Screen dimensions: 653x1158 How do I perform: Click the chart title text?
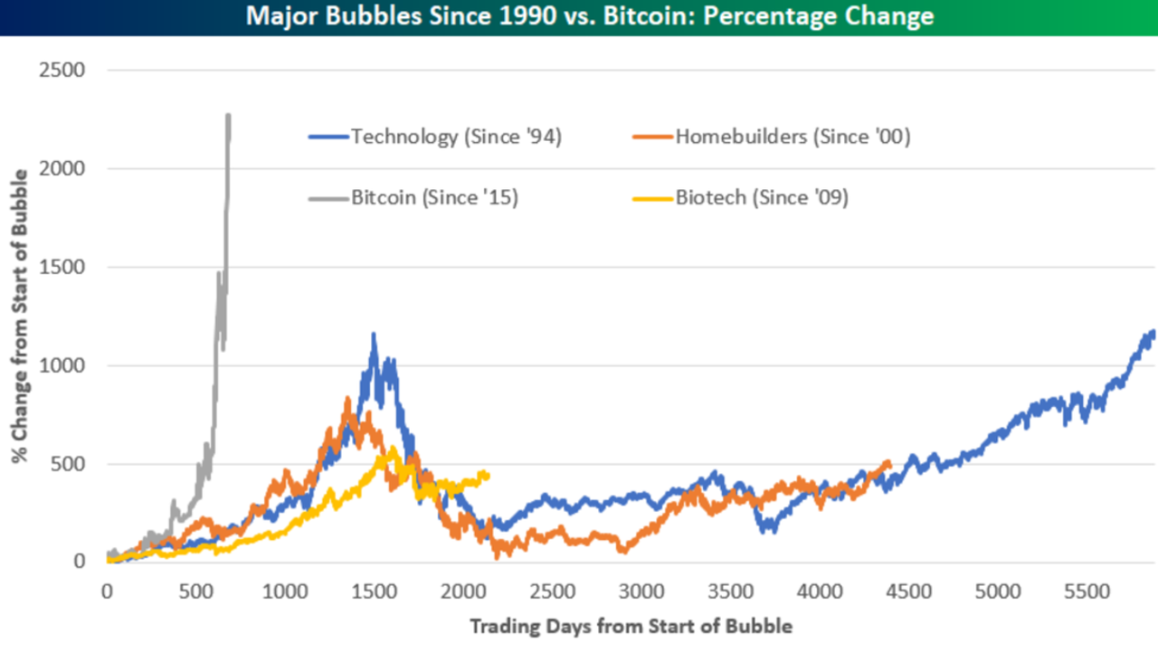pyautogui.click(x=579, y=16)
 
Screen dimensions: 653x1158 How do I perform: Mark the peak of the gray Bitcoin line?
pyautogui.click(x=228, y=115)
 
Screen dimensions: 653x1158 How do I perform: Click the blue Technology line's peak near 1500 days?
pyautogui.click(x=373, y=334)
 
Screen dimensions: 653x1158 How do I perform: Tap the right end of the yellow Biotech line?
pyautogui.click(x=489, y=473)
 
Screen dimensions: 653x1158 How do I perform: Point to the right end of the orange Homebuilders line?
pyautogui.click(x=890, y=462)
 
